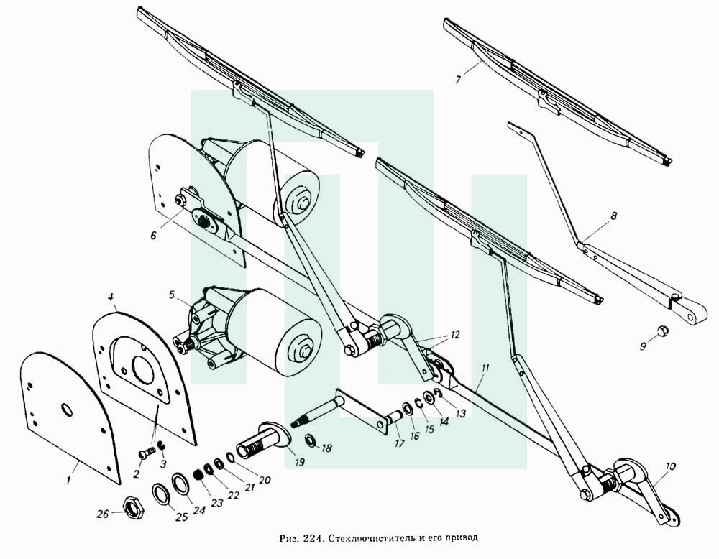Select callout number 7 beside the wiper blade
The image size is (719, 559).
(457, 79)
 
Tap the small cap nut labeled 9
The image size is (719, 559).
(661, 331)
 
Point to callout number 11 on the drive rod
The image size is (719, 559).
(485, 367)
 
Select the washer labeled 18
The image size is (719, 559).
(310, 440)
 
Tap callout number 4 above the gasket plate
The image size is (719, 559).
(111, 297)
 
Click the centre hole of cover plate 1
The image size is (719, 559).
(67, 410)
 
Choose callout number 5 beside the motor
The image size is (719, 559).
(172, 295)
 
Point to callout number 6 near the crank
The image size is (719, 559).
(153, 235)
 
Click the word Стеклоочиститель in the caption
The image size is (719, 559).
(370, 538)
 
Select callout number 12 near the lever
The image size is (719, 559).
(454, 335)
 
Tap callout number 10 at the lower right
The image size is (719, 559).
(670, 467)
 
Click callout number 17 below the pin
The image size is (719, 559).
(399, 443)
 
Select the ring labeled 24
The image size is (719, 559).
(180, 484)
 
